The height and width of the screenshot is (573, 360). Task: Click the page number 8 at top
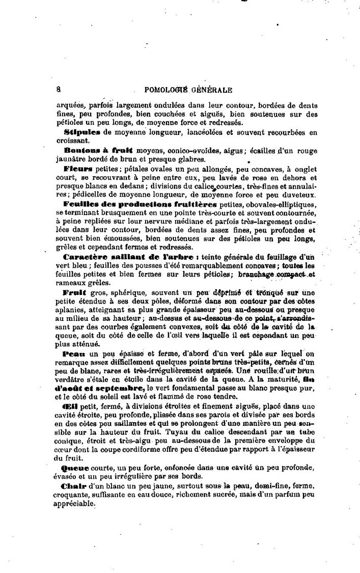tap(59, 90)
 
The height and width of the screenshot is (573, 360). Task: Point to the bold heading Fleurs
tap(78, 168)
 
